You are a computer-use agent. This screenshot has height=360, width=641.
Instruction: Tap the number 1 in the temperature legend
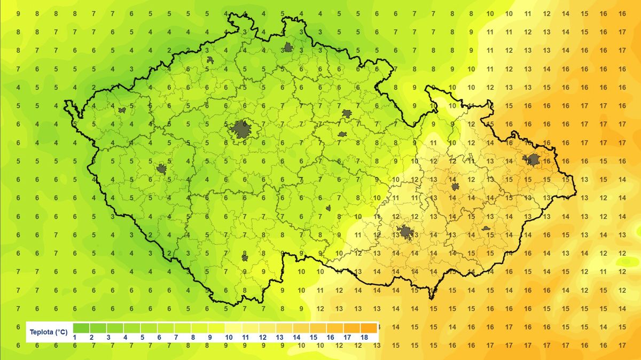point(75,338)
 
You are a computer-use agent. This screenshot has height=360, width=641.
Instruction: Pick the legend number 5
point(143,338)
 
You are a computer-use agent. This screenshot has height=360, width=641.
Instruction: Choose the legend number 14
point(297,338)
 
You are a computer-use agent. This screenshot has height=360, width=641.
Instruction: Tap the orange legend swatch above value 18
point(369,328)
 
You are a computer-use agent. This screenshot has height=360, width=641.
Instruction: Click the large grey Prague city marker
point(241,129)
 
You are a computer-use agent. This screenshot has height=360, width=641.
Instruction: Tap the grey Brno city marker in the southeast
point(405,232)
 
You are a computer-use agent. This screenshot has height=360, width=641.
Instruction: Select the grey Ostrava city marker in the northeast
point(532,159)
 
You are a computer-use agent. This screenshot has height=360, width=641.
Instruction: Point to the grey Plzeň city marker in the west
point(161,169)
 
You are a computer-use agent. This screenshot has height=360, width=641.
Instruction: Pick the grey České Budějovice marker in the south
point(245,257)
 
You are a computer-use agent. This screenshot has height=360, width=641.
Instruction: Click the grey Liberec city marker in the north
point(288,48)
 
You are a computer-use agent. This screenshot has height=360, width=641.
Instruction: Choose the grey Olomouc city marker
point(455,186)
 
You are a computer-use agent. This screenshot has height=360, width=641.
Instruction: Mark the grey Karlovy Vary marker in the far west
point(122,111)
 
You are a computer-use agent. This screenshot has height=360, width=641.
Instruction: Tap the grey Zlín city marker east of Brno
point(486,228)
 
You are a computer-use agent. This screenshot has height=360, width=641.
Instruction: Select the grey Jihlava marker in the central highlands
point(329,208)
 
